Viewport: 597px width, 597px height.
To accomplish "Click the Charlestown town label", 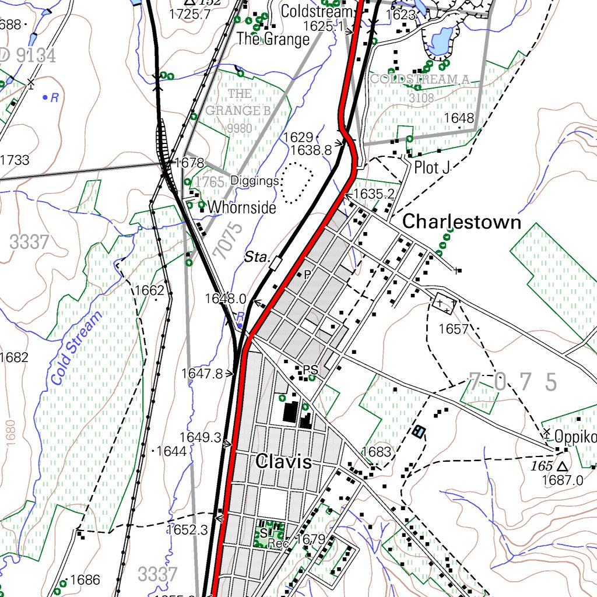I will pos(462,222).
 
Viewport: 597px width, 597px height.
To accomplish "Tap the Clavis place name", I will pos(283,462).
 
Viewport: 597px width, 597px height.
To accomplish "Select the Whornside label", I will pos(241,207).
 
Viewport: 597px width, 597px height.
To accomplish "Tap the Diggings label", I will pos(255,181).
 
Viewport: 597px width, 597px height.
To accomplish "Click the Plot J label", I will pos(432,168).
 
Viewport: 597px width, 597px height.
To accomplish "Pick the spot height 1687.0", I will pos(563,480).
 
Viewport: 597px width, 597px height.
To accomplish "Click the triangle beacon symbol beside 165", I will pos(562,467).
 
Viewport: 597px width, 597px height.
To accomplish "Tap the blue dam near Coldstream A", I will pos(440,40).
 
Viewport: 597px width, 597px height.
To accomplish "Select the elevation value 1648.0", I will pos(225,298).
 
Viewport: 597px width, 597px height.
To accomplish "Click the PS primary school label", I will pos(310,370).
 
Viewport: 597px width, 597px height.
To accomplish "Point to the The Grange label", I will pos(273,40).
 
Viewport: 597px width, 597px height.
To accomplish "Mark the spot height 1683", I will pos(376,451).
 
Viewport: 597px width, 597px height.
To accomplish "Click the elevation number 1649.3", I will pos(200,437).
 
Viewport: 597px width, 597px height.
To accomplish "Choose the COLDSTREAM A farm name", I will pos(420,79).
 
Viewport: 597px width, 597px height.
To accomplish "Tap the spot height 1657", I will pos(454,329).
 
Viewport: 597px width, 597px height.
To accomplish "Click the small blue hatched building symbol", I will pos(418,432).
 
